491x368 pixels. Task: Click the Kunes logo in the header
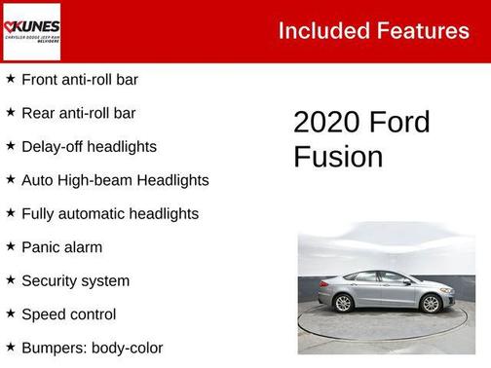[31, 31]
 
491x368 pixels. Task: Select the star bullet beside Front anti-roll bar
[10, 79]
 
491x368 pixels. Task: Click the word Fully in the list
[39, 213]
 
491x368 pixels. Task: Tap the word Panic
[42, 247]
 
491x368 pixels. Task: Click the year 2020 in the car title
[327, 123]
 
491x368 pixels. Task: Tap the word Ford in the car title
[400, 123]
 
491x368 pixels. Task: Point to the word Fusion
[338, 157]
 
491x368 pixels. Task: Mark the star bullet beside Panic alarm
[10, 246]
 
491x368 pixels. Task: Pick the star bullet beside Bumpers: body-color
[10, 347]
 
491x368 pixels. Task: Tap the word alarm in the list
[84, 247]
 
